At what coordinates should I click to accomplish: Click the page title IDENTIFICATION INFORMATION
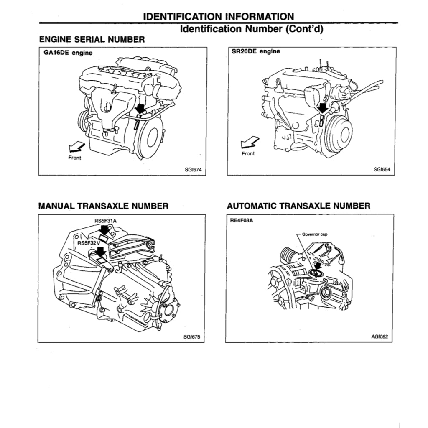218,16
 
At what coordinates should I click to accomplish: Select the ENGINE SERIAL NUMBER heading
92,40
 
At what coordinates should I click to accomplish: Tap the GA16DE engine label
65,53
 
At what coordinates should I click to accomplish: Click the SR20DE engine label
255,52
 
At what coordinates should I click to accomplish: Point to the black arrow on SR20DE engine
322,108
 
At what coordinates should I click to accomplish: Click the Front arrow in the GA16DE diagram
76,147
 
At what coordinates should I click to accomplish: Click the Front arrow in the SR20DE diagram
249,142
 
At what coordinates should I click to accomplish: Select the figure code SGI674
193,170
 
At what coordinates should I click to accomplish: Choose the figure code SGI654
381,170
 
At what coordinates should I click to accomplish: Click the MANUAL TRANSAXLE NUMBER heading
103,206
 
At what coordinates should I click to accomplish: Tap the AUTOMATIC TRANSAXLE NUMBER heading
298,206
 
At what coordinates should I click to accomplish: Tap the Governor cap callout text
314,234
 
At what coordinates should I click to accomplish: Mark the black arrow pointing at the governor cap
318,265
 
